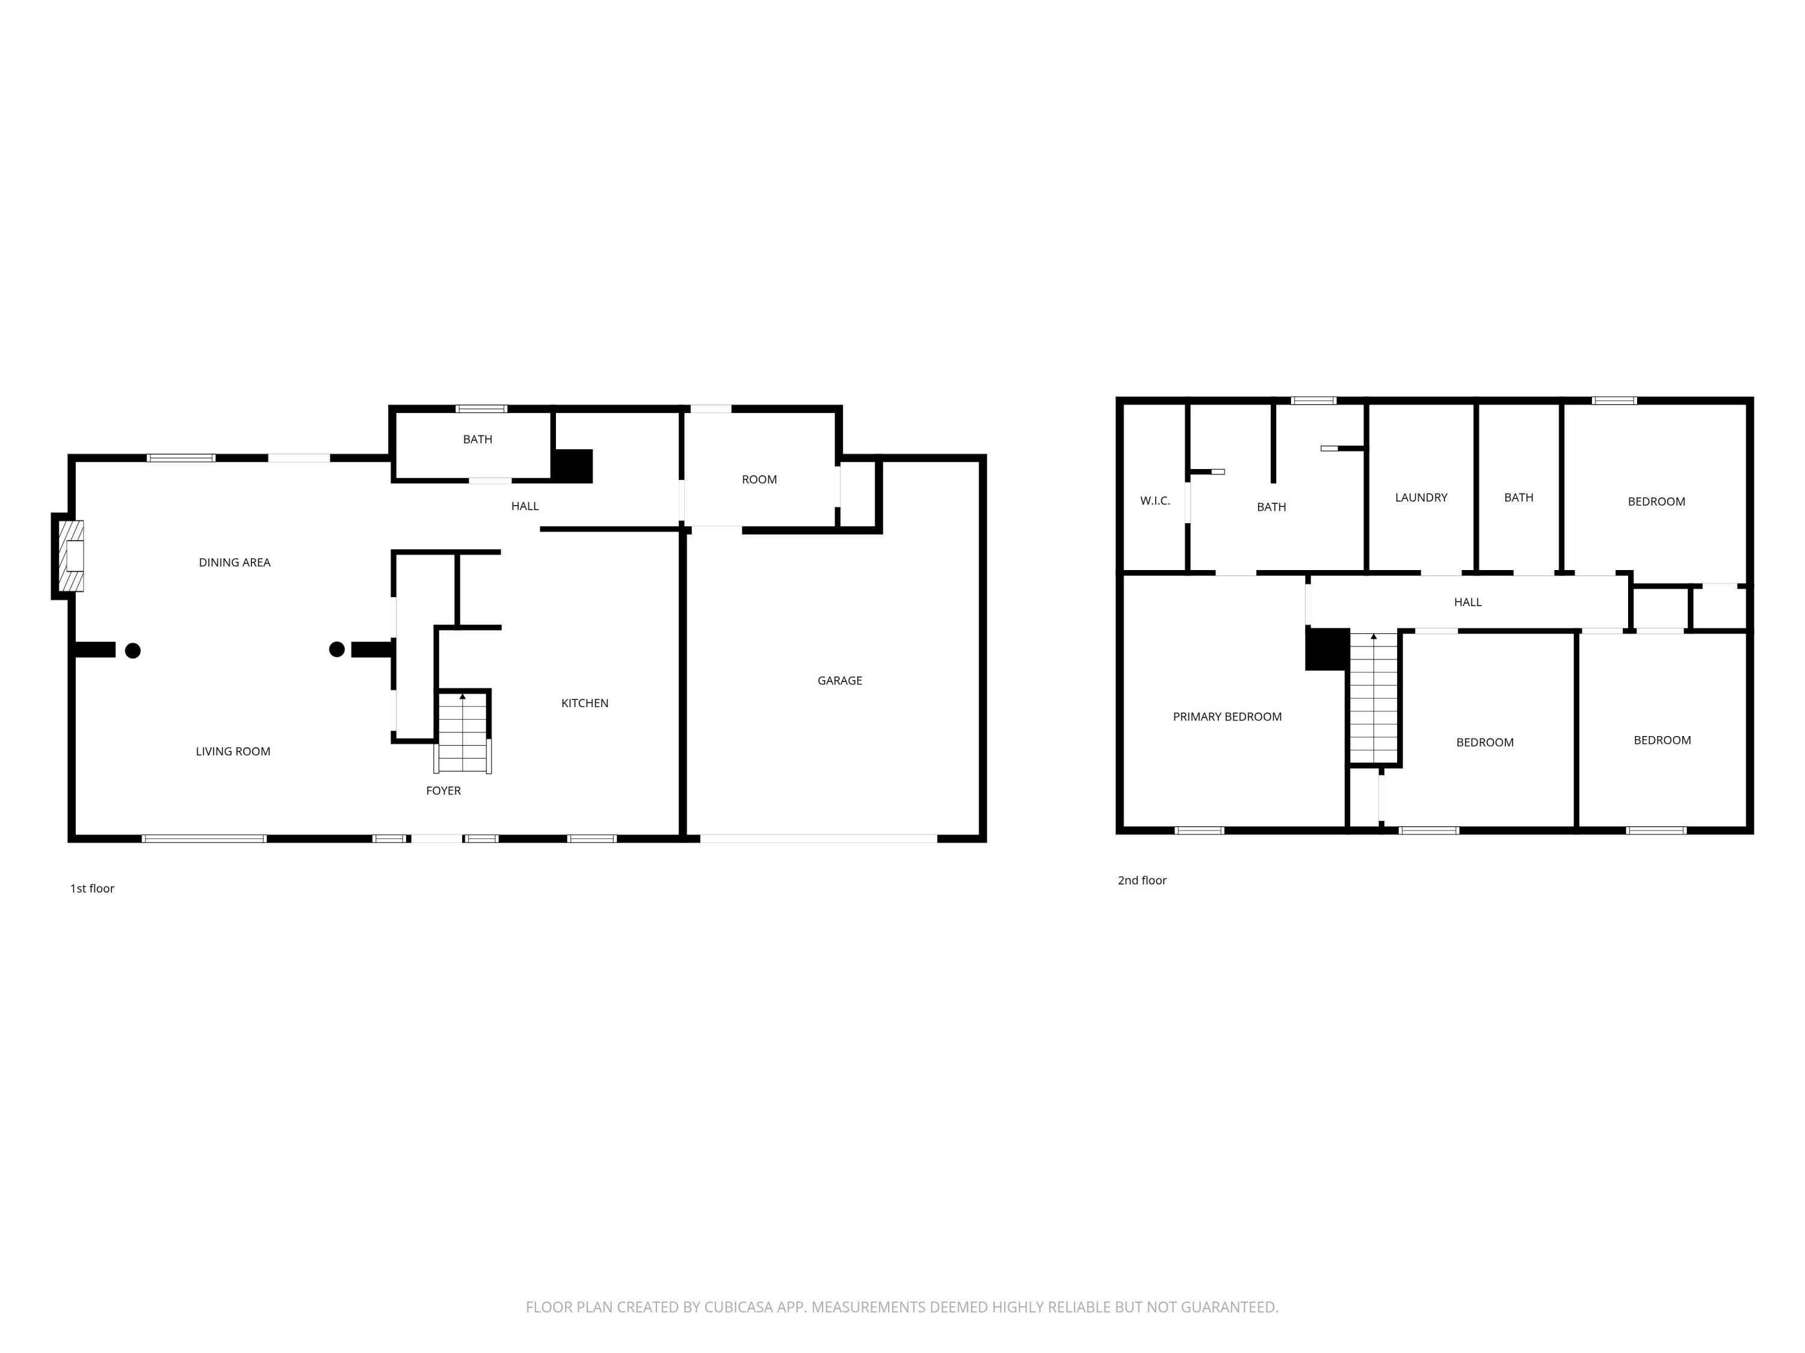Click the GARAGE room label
pyautogui.click(x=840, y=680)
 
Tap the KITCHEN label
pyautogui.click(x=584, y=703)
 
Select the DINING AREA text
pyautogui.click(x=234, y=562)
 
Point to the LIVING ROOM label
pyautogui.click(x=233, y=751)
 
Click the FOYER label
pyautogui.click(x=443, y=790)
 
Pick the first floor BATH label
pyautogui.click(x=477, y=439)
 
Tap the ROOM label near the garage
pyautogui.click(x=759, y=479)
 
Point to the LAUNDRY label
pyautogui.click(x=1421, y=497)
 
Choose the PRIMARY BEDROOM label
pyautogui.click(x=1226, y=717)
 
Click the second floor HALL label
pyautogui.click(x=1467, y=602)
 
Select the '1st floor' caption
pyautogui.click(x=92, y=888)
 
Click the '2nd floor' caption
pyautogui.click(x=1141, y=880)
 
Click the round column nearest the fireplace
pyautogui.click(x=133, y=650)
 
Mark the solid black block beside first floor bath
pyautogui.click(x=573, y=465)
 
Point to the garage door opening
pyautogui.click(x=818, y=838)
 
